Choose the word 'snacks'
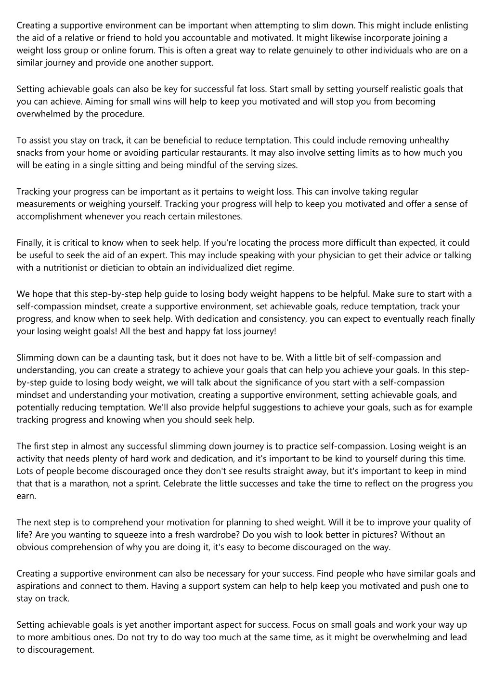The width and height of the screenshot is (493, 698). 30,153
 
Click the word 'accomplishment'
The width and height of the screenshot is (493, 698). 50,216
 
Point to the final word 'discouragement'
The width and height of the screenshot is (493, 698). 55,650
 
